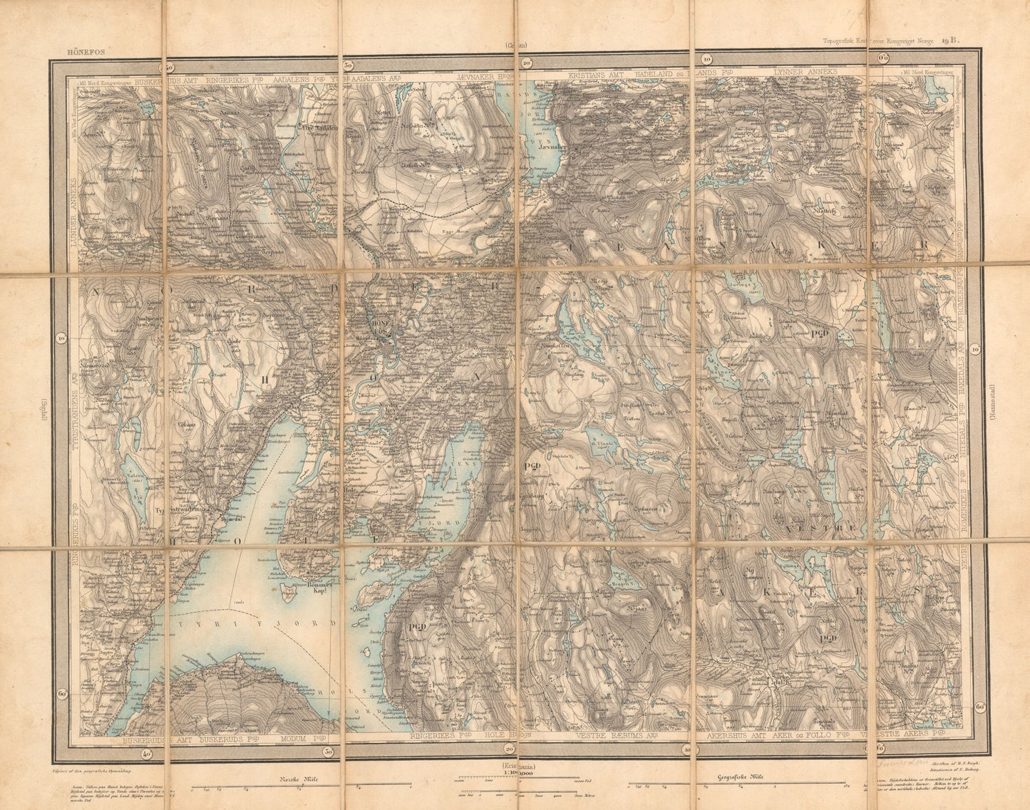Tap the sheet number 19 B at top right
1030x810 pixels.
(x=950, y=41)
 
